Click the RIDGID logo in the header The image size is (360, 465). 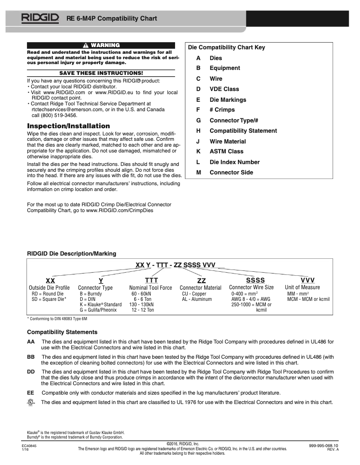(40, 18)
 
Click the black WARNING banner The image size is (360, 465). (101, 45)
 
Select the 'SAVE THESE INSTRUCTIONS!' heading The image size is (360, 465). (101, 73)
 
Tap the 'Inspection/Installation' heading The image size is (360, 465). (68, 126)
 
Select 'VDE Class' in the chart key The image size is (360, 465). (224, 89)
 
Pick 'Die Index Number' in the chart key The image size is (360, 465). (234, 162)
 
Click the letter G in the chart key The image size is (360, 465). (198, 120)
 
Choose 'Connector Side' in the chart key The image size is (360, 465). (231, 172)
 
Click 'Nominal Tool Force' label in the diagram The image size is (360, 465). (150, 288)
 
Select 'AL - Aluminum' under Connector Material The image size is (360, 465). (197, 299)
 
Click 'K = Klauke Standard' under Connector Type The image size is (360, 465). (101, 304)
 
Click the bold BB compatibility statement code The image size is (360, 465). (31, 356)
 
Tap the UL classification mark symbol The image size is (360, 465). (31, 403)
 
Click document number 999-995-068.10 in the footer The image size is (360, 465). (324, 445)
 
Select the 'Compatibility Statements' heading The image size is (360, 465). (62, 332)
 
